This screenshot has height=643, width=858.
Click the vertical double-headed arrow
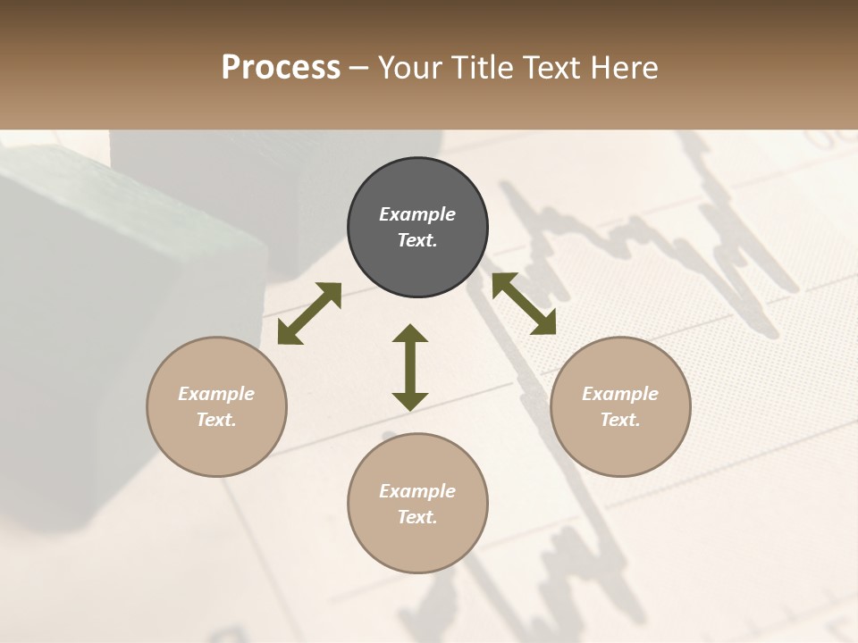410,367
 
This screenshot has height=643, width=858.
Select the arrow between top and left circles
309,313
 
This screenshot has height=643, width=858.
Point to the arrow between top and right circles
524,304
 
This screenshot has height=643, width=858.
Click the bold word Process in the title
281,68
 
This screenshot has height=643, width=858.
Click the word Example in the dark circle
417,214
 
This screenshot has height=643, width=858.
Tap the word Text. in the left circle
216,420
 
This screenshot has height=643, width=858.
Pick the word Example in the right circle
620,394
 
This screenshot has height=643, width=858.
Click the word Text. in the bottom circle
417,517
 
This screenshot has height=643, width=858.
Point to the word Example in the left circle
216,394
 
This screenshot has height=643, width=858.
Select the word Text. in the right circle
620,420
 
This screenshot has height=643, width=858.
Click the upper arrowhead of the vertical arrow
410,333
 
